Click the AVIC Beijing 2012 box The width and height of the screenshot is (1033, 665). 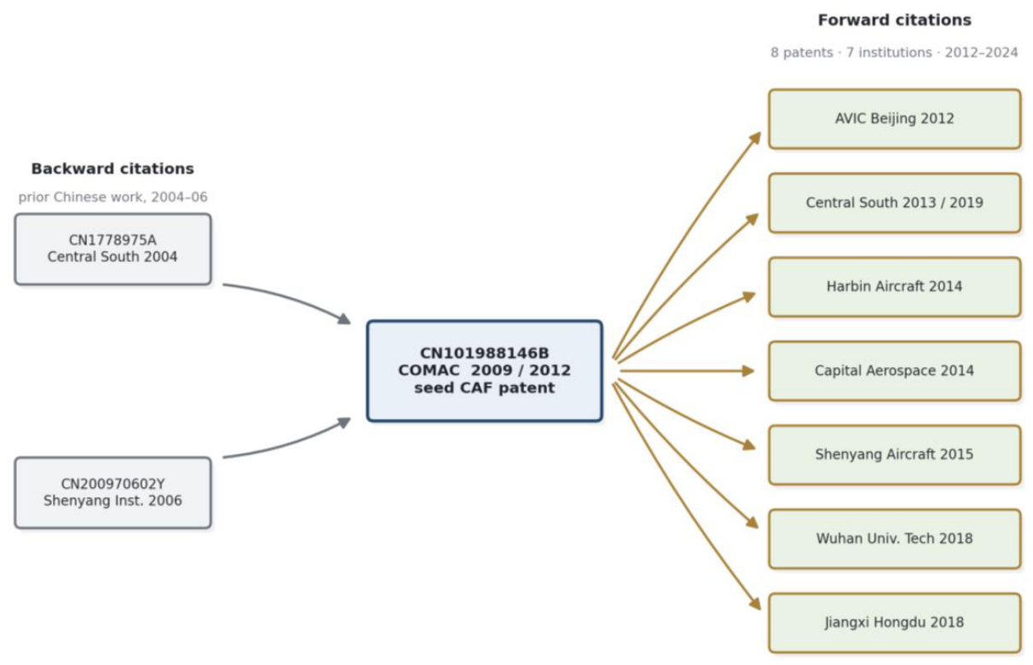pos(894,119)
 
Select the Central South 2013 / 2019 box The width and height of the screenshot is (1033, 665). pos(894,203)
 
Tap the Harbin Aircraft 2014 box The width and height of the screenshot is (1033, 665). pos(894,287)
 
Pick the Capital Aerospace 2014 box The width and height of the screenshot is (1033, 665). pos(894,371)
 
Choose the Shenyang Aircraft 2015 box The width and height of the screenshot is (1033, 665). pos(894,455)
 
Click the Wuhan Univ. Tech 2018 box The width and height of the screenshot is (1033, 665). pos(894,539)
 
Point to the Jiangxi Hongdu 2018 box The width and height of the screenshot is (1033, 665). pos(894,622)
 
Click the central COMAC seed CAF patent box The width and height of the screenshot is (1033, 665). pos(485,371)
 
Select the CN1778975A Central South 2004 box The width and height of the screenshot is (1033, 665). pos(113,249)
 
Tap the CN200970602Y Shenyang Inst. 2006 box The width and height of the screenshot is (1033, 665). pos(113,493)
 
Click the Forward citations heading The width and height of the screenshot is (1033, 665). pos(895,20)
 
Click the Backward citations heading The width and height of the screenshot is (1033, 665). pos(113,169)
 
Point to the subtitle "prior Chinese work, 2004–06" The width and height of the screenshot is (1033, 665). pos(113,198)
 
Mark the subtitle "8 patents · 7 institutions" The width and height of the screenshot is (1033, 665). pos(851,53)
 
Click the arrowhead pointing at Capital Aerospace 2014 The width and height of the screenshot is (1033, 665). pos(748,371)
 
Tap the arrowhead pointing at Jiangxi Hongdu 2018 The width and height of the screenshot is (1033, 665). pos(754,603)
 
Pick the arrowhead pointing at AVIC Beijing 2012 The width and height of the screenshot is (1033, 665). pos(755,138)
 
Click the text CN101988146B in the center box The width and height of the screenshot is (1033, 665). pos(485,353)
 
